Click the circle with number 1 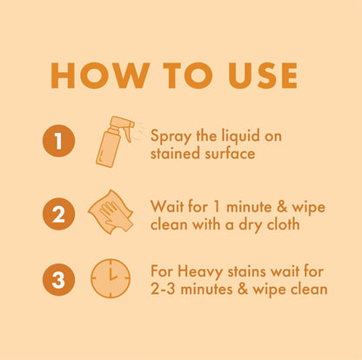point(57,141)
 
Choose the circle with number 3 point(57,279)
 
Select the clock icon point(110,279)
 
